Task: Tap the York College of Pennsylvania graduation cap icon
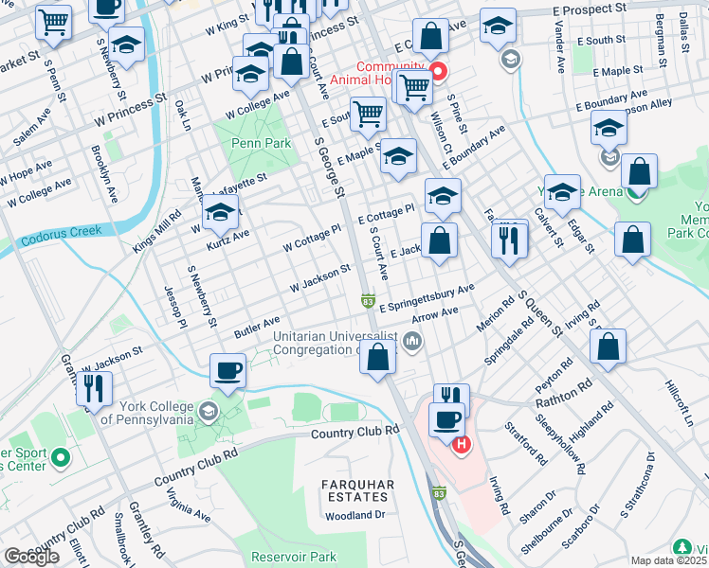click(208, 412)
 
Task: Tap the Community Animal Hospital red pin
click(438, 71)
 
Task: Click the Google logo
click(31, 556)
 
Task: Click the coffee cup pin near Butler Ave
click(227, 370)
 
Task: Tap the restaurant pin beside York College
click(93, 388)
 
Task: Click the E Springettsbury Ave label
click(427, 298)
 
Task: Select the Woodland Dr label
click(354, 516)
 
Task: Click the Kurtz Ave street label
click(227, 240)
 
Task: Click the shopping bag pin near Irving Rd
click(608, 346)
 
